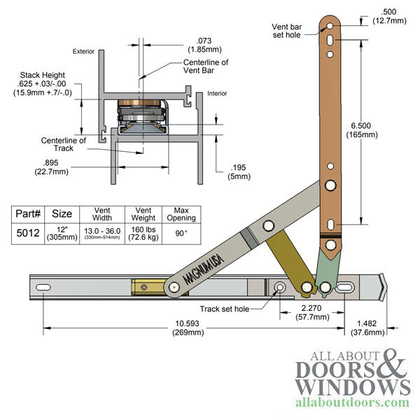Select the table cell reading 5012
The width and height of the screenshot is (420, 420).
tap(27, 236)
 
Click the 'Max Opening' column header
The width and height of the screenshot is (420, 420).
tap(181, 215)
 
